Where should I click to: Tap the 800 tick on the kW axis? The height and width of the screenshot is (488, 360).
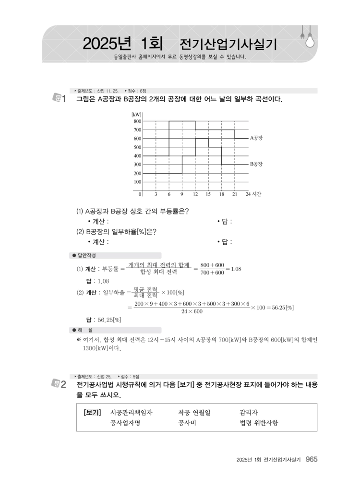(137, 121)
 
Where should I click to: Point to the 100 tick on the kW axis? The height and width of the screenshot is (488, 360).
(137, 182)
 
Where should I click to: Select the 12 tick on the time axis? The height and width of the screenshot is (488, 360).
(195, 194)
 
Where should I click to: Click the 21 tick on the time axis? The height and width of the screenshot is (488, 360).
(234, 194)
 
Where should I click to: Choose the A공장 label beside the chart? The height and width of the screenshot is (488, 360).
(256, 138)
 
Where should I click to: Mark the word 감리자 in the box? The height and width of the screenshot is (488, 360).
(249, 412)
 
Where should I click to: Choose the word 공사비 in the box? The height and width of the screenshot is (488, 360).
(186, 423)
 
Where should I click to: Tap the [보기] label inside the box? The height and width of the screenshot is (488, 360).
(92, 412)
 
